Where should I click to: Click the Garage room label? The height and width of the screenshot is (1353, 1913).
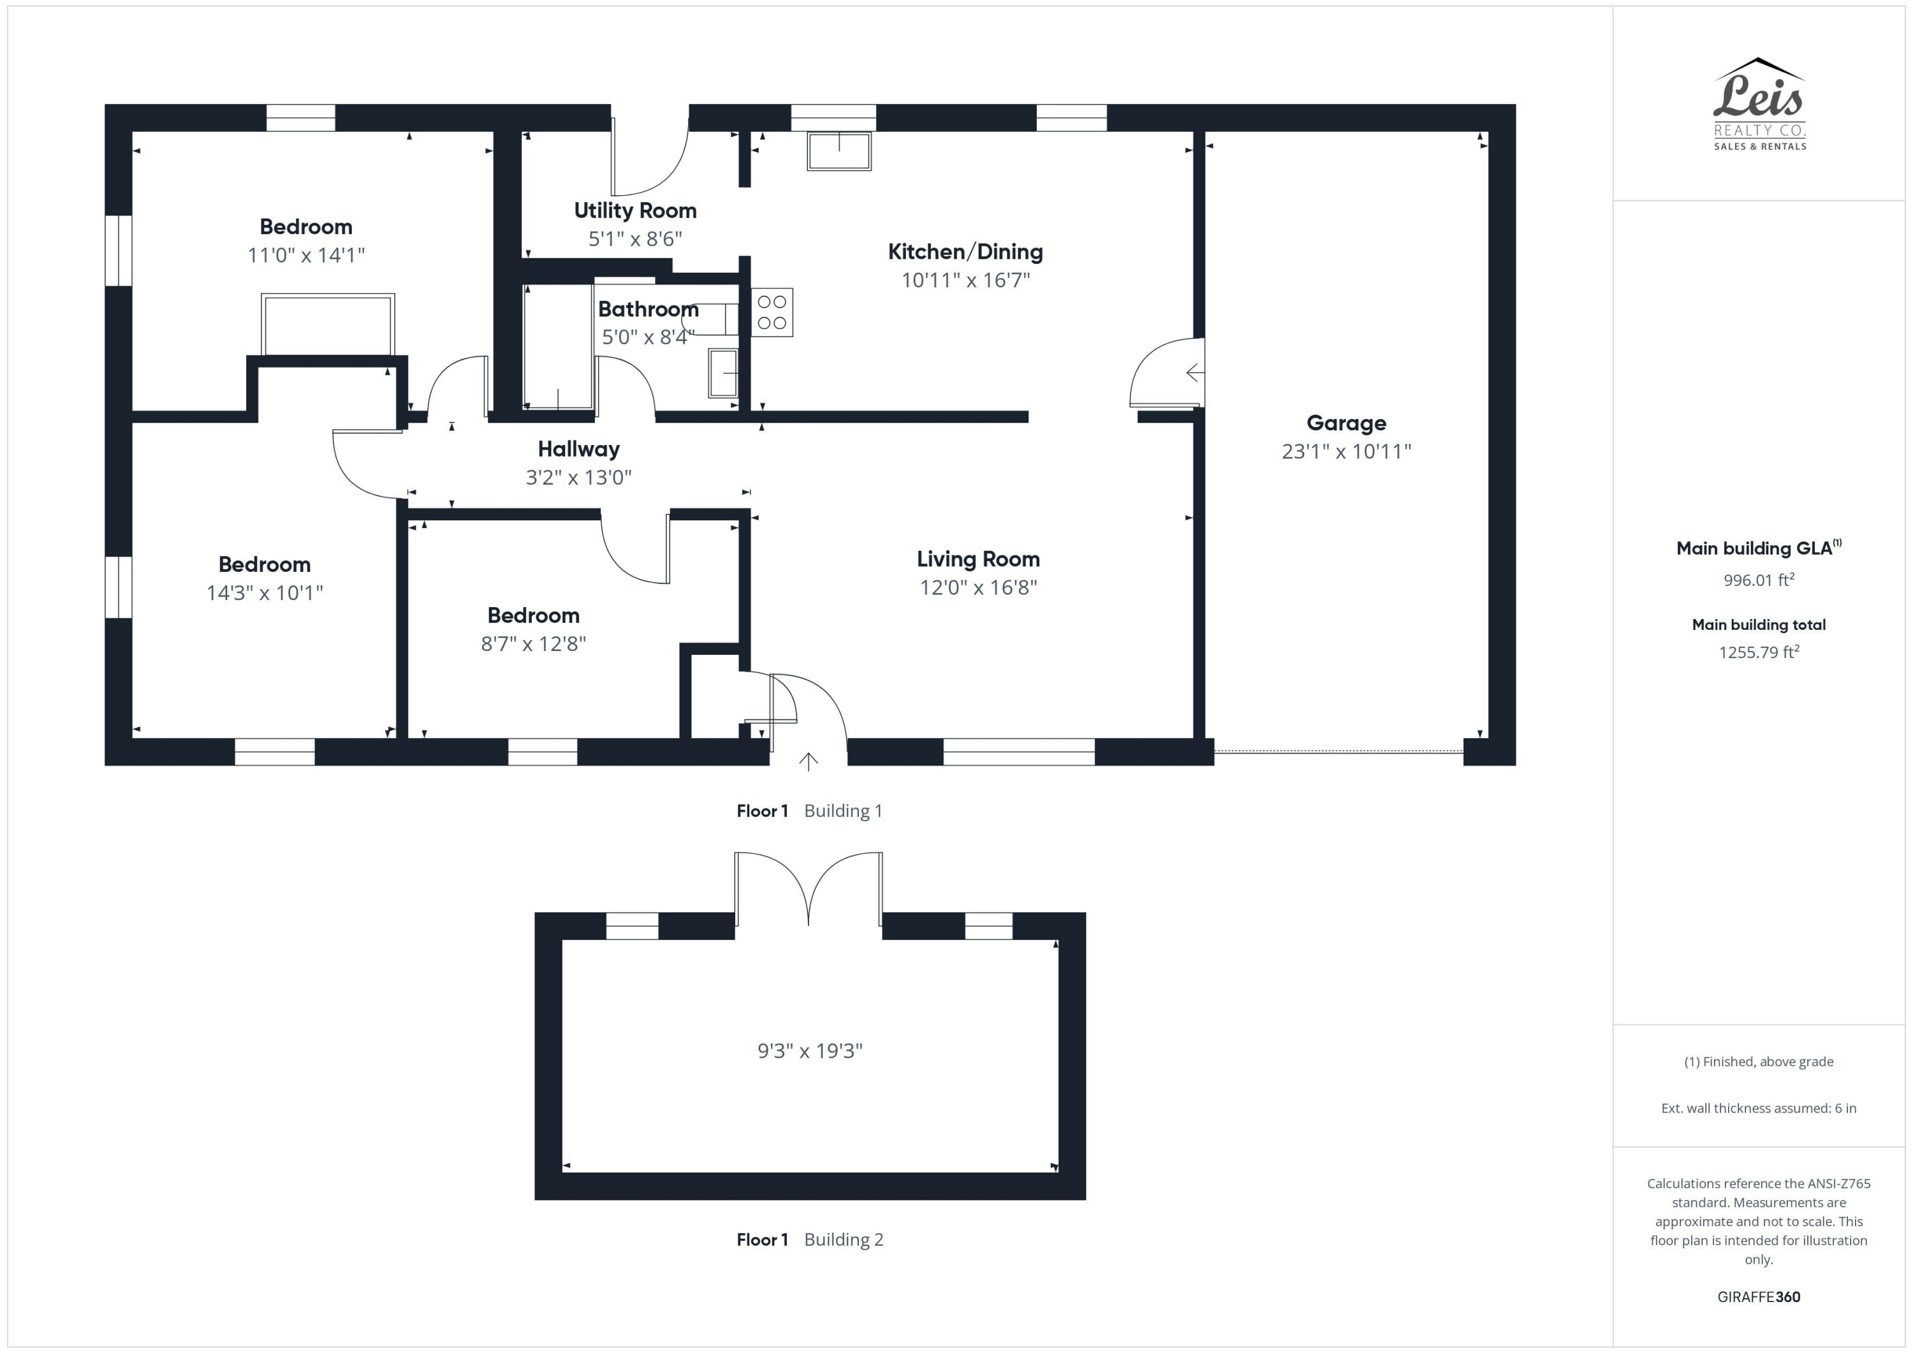coord(1345,423)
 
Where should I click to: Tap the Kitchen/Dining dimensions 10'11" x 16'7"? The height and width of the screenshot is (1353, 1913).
coord(965,280)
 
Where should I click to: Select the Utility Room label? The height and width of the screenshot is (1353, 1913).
coord(635,211)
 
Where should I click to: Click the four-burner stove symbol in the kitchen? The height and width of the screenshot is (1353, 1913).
coord(772,312)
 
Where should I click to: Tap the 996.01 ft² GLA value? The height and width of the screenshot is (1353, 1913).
coord(1758,580)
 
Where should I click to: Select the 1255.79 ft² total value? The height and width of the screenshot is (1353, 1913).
coord(1758,652)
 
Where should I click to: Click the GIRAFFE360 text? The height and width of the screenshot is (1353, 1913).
coord(1758,1296)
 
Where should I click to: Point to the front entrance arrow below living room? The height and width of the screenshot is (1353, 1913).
coord(808,761)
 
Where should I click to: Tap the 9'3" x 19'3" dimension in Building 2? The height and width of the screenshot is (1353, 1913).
coord(809,1051)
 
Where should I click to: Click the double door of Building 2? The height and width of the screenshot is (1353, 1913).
coord(808,888)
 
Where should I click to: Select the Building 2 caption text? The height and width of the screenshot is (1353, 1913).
coord(843,1239)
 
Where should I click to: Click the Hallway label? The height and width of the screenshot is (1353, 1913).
coord(578,449)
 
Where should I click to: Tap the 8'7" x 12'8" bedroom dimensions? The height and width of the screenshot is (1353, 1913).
coord(533,643)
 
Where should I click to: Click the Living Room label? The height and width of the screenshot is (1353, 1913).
coord(978,559)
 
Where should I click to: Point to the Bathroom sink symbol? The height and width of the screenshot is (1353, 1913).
coord(722,373)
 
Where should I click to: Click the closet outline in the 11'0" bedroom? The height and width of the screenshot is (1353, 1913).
coord(328,323)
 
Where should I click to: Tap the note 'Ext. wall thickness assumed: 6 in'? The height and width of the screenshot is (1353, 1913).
coord(1758,1108)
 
